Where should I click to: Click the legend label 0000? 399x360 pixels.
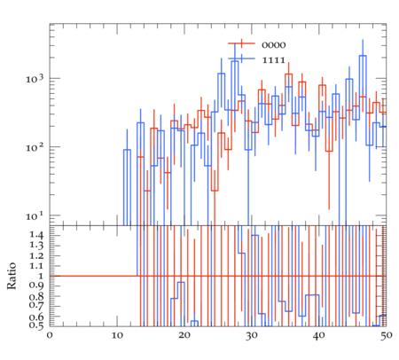click(x=274, y=45)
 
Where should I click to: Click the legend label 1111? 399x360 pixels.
click(x=274, y=60)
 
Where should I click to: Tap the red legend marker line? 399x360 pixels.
click(x=241, y=43)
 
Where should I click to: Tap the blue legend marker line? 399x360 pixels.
click(x=241, y=59)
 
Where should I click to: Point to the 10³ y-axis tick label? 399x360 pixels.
click(x=35, y=78)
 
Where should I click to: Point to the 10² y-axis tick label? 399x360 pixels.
click(x=35, y=146)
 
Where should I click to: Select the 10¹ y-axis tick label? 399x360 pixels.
click(x=35, y=215)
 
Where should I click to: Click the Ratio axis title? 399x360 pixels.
click(x=12, y=276)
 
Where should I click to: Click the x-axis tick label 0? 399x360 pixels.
click(x=50, y=335)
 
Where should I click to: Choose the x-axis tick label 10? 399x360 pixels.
click(x=117, y=335)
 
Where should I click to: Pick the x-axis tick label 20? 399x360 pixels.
click(x=184, y=335)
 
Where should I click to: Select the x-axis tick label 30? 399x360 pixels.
click(x=252, y=335)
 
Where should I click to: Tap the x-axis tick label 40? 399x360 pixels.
click(x=318, y=335)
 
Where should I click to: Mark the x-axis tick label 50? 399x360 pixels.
click(x=386, y=335)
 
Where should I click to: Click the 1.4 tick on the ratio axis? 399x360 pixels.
click(x=36, y=235)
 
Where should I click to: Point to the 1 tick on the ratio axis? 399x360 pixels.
click(x=41, y=276)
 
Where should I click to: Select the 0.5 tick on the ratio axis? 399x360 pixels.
click(x=36, y=325)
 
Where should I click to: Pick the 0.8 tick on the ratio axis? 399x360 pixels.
click(x=36, y=296)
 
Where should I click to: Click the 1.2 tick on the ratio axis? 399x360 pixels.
click(x=36, y=255)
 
